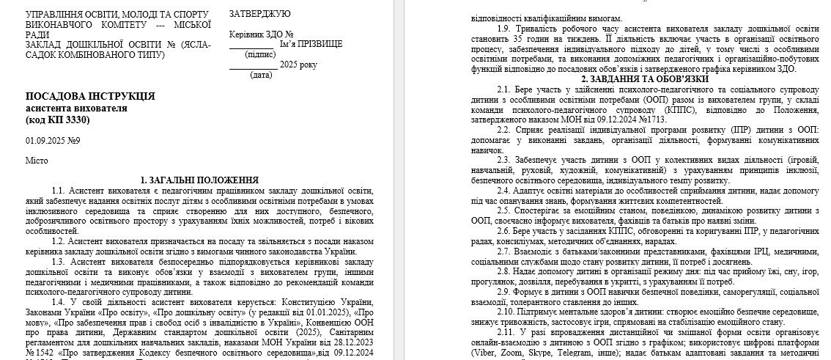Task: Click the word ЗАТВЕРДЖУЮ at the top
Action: (x=259, y=14)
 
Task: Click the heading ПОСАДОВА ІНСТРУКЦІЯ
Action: (x=90, y=96)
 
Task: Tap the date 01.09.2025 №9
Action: (x=52, y=140)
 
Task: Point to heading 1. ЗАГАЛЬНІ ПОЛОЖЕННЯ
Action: (x=199, y=180)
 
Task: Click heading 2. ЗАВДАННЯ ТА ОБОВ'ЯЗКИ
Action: (x=645, y=78)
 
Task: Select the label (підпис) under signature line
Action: (x=261, y=54)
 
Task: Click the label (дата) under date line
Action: (x=260, y=75)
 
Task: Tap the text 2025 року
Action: (x=299, y=65)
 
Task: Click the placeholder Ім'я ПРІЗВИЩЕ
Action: (x=311, y=44)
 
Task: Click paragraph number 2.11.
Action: (x=506, y=331)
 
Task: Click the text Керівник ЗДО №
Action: (x=261, y=34)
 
